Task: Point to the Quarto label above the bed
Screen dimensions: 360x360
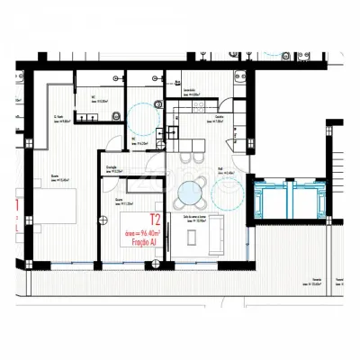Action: click(56, 176)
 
